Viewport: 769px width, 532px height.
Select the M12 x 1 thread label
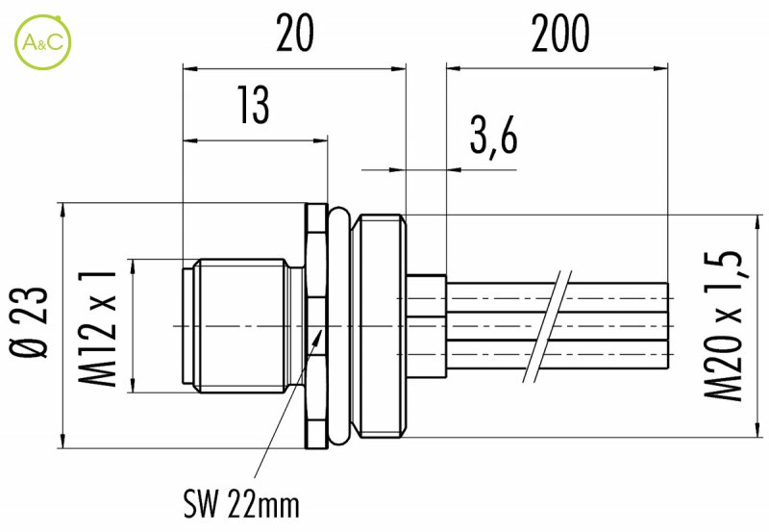coord(98,326)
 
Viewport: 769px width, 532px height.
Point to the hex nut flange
coord(313,326)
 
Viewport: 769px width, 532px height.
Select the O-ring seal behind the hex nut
coord(337,326)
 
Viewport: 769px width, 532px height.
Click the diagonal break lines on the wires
coord(550,326)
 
